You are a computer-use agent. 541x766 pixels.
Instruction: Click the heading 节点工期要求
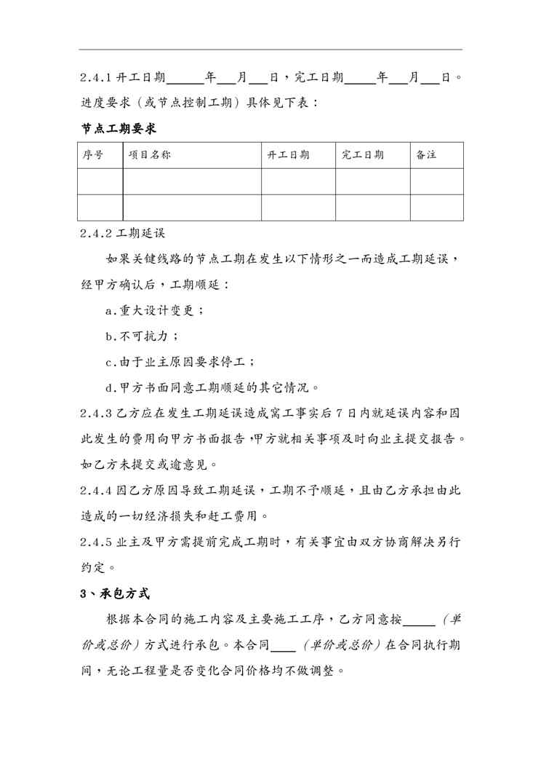coord(118,129)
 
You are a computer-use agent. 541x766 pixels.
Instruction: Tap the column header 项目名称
coord(150,155)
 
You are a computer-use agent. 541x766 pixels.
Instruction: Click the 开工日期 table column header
coord(289,155)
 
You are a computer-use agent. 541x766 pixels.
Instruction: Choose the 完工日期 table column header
coord(363,155)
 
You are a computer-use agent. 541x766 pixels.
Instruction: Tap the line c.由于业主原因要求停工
coord(180,362)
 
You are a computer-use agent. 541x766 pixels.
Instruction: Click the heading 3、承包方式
coord(115,593)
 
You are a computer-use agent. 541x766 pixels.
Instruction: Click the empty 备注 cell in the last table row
coord(436,207)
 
